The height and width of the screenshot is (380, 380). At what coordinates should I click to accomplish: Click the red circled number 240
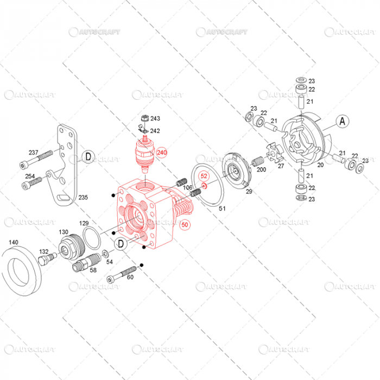(162, 153)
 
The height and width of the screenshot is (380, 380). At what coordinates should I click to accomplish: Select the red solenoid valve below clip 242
(145, 153)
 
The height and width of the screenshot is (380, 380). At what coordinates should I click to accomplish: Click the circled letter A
(342, 122)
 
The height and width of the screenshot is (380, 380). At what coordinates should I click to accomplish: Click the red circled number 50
(185, 224)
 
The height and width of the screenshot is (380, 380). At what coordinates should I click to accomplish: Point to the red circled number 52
(204, 176)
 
